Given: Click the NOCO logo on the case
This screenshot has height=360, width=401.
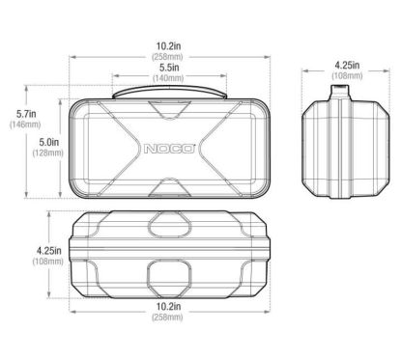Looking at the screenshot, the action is (169, 149).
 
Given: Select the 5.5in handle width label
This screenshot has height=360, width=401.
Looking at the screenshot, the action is (169, 68).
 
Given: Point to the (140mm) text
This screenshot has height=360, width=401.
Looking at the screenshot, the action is (168, 78).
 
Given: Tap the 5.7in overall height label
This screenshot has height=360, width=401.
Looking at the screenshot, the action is (26, 114).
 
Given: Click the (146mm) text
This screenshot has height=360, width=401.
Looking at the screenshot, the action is (25, 125).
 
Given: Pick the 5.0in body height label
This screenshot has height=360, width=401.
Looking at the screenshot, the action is (49, 142).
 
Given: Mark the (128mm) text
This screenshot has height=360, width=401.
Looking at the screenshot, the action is (47, 152).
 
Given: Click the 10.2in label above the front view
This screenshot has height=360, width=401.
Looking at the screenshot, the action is (168, 46).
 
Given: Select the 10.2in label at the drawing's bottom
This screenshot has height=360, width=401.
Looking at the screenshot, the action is (168, 306).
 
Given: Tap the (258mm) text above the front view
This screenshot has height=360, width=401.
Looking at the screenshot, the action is (167, 57).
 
